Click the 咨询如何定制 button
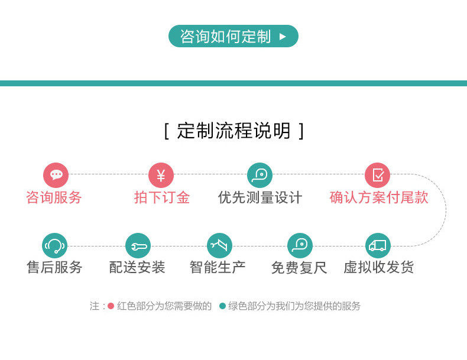233,36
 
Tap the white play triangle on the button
283,37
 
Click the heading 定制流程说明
234,131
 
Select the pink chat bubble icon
56,175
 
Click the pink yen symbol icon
161,175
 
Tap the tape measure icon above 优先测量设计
260,175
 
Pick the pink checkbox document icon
377,175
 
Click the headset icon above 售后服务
54,246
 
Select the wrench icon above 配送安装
138,246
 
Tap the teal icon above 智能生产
219,246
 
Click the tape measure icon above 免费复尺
300,246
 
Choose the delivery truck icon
378,246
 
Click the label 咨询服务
54,197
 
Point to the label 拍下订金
162,197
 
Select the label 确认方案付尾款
379,197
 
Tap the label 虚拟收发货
378,267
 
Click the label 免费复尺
299,267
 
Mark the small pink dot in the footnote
111,306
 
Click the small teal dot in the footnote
222,306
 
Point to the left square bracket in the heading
167,131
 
